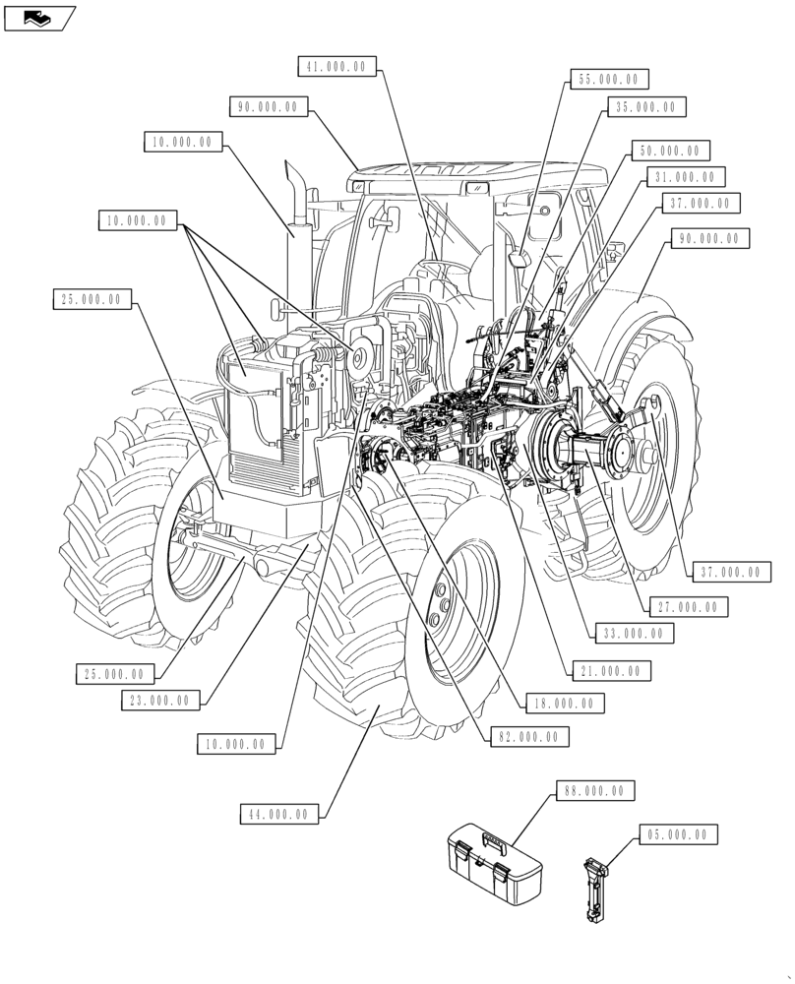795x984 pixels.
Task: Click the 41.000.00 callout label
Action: point(337,67)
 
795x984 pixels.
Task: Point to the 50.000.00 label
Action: point(670,152)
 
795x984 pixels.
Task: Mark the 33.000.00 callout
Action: point(634,635)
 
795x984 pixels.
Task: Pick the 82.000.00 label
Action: point(528,736)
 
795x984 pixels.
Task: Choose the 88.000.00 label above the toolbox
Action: point(595,790)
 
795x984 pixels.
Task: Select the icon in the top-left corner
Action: point(40,17)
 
